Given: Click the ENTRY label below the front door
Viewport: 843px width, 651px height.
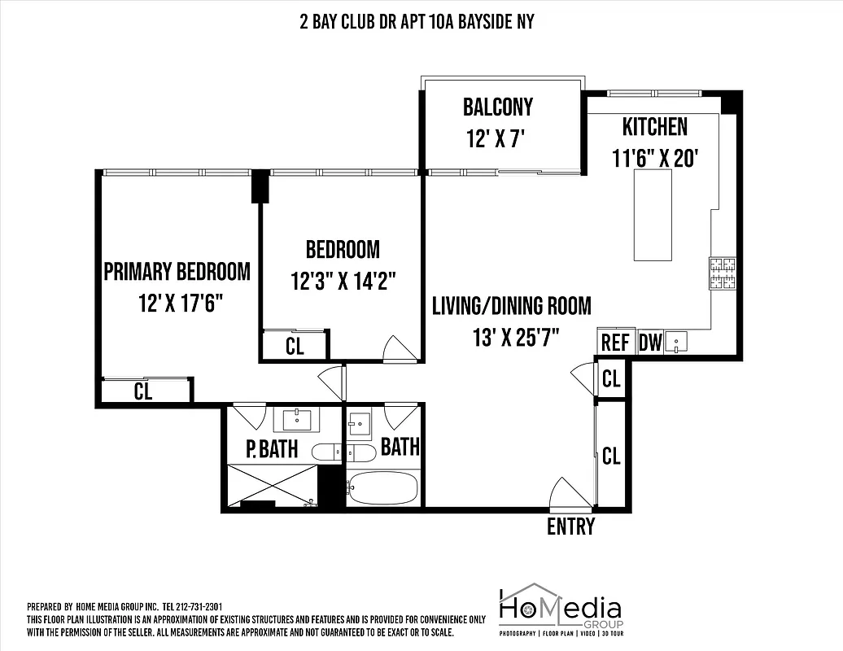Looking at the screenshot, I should [570, 526].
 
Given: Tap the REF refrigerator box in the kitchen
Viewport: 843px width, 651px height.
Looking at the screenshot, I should [615, 343].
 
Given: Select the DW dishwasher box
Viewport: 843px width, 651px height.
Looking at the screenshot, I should [649, 343].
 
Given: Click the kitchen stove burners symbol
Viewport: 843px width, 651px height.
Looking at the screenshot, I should [723, 273].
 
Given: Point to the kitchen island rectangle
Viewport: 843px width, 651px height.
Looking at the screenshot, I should [653, 215].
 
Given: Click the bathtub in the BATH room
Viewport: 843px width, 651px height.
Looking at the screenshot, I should [382, 488].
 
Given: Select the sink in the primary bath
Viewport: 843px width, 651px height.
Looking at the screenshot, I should [296, 420].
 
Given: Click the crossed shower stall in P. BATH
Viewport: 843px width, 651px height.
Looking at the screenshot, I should [272, 485].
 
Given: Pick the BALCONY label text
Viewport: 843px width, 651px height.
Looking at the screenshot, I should [498, 107].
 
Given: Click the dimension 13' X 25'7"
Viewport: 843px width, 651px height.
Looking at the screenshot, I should [511, 335].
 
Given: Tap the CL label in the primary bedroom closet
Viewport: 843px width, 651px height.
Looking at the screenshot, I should [143, 391].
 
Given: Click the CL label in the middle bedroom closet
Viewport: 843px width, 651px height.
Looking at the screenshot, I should [295, 346].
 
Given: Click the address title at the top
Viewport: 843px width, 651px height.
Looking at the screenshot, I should [417, 22].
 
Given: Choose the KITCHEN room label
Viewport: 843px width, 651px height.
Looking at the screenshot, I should [654, 127].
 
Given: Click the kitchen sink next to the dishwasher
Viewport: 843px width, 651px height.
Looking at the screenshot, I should [674, 342].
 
